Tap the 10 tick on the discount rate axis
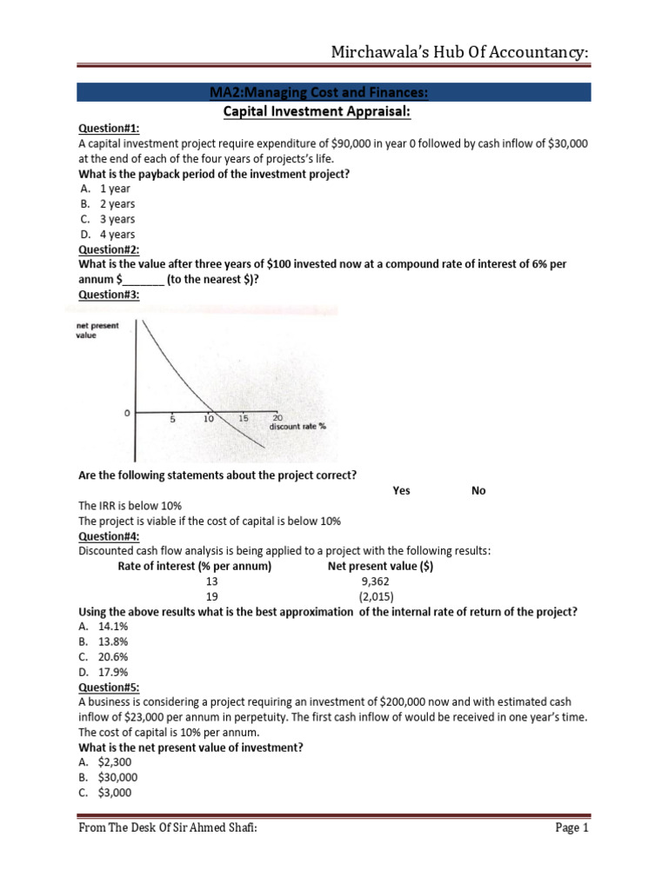209,418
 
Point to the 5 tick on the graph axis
172,418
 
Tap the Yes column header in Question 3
401,490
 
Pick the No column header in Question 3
478,490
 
